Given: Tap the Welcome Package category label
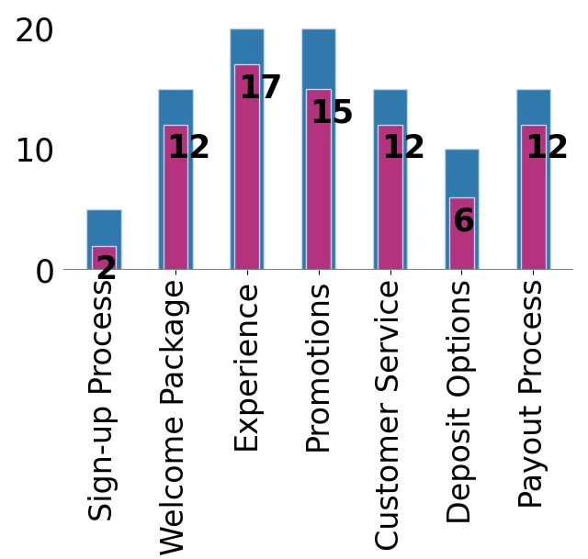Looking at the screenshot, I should (x=174, y=418).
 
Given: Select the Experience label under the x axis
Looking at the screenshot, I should (x=246, y=367).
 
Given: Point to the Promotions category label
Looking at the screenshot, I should (x=318, y=369).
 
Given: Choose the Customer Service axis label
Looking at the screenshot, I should (x=390, y=415).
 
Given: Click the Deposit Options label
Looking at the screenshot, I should (x=460, y=402).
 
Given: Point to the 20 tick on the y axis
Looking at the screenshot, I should (x=35, y=31).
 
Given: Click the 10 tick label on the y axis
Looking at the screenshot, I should (x=35, y=151).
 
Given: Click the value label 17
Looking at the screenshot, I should (x=260, y=88).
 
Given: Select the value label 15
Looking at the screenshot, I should (x=332, y=113).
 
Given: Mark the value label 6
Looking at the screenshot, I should (x=464, y=221).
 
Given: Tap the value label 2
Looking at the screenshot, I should (x=107, y=268).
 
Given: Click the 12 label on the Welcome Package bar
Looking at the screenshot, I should (x=188, y=148).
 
